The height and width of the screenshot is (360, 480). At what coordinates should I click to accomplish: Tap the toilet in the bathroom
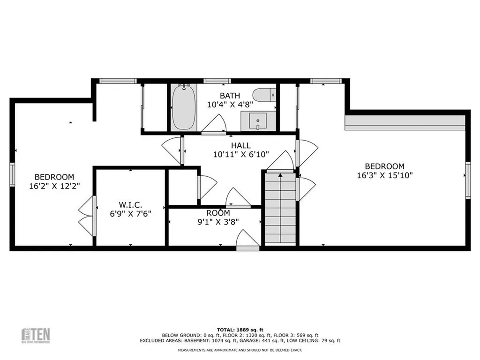tap(265, 95)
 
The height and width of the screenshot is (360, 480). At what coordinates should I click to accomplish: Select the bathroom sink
tap(257, 121)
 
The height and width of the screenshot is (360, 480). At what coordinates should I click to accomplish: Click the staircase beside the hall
tap(280, 209)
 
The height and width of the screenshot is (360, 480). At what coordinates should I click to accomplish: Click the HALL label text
tap(240, 146)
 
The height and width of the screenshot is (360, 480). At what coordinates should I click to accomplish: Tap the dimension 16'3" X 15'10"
tap(385, 175)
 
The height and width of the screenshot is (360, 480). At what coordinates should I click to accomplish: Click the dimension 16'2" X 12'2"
tap(54, 186)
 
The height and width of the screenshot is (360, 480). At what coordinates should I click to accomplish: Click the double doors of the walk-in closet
tap(88, 216)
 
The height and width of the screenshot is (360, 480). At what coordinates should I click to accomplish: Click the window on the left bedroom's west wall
tap(13, 174)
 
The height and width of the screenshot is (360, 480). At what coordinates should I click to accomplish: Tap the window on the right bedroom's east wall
tap(467, 180)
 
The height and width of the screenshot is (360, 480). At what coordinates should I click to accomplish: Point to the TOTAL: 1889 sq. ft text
tap(240, 330)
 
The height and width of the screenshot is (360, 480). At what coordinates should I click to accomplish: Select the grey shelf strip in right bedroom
tap(405, 123)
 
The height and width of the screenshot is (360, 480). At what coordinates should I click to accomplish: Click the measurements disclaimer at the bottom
tap(240, 350)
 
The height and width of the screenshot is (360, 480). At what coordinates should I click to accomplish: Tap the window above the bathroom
tap(217, 81)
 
